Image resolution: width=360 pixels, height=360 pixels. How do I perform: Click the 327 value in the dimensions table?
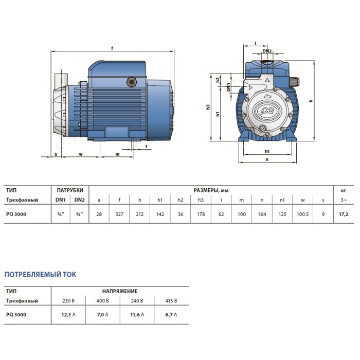point(119,214)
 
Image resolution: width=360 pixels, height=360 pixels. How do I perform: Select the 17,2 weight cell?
point(344,214)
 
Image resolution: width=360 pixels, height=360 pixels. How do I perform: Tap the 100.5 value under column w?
point(302,214)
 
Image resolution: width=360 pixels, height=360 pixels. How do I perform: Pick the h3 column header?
point(201,200)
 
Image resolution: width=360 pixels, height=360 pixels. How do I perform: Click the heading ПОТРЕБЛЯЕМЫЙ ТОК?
point(40,274)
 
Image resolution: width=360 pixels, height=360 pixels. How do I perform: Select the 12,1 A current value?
point(68,315)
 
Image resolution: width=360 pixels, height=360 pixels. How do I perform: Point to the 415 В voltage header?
point(171,301)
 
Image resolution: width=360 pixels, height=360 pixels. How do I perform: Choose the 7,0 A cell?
point(103,315)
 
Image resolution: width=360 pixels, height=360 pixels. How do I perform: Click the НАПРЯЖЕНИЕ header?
point(120,291)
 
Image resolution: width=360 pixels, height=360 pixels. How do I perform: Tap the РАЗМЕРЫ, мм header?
point(211,190)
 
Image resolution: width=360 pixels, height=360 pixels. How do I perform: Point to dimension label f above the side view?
point(112,48)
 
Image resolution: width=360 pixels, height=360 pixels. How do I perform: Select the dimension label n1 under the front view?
point(267,151)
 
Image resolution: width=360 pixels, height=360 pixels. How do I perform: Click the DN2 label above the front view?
point(267,51)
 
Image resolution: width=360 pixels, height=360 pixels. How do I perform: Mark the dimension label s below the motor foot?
point(146,146)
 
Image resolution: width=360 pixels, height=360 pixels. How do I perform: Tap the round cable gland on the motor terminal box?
point(131,82)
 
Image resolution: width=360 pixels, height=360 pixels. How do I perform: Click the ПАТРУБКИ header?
point(70,190)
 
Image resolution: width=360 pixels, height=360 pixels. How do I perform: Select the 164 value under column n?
point(262,214)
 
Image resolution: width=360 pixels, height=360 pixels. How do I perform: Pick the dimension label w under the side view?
point(81,154)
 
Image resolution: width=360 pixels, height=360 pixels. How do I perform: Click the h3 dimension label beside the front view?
point(208,107)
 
